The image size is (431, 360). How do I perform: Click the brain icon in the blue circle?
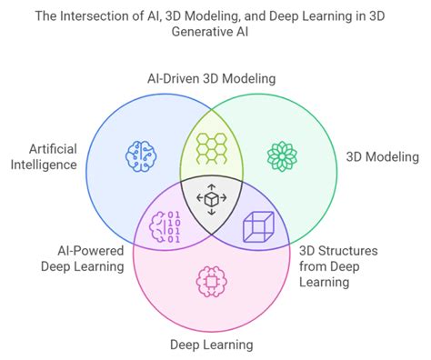[x=143, y=155]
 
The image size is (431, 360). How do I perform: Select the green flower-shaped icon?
[x=281, y=155]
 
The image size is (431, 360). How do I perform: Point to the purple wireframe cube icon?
[x=257, y=227]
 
